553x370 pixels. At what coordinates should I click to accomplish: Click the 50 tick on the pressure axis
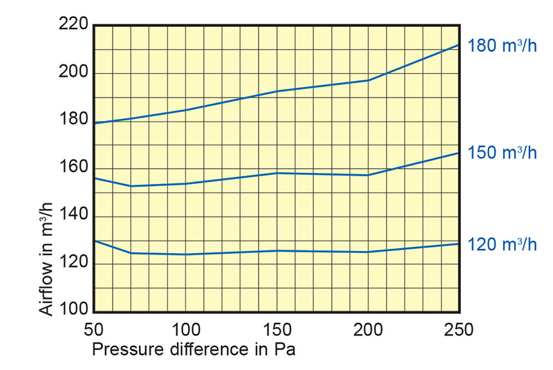94,329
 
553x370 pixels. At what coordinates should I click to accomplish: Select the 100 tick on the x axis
185,329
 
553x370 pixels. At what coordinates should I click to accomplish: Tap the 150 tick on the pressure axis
276,329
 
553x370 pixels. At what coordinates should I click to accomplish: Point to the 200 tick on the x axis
368,329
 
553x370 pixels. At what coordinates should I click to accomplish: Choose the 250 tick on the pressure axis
459,329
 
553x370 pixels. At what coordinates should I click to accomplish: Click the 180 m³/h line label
502,47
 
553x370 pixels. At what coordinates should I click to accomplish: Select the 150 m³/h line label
502,153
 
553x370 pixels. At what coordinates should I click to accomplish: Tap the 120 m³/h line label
502,245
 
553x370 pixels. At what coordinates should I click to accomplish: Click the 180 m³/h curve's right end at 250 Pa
459,45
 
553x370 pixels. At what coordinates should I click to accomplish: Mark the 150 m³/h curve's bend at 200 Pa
368,175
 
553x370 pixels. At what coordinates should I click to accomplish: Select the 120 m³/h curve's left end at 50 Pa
94,241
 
